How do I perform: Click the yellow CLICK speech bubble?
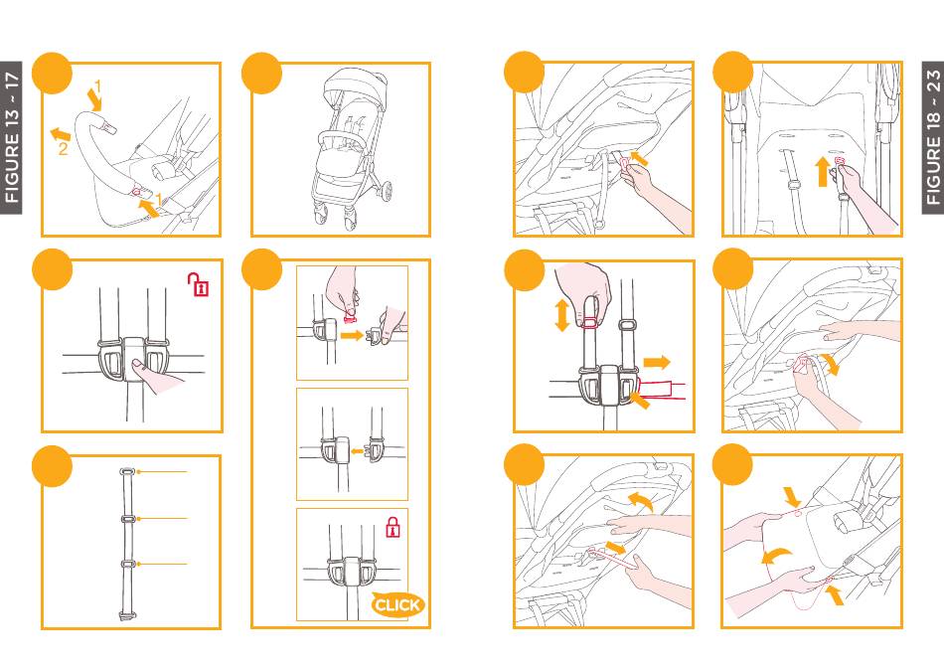pos(396,604)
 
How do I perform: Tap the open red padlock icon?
pos(198,284)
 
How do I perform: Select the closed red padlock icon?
pos(393,527)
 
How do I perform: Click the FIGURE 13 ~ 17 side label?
pos(12,137)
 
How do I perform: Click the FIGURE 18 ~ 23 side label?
pos(932,137)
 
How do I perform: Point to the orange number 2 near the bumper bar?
pos(63,148)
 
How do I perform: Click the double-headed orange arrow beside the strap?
pos(561,316)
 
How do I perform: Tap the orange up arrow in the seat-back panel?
pos(823,172)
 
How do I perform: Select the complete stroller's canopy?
pos(355,89)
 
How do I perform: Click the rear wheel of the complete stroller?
pos(386,191)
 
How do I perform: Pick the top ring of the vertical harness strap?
pos(128,471)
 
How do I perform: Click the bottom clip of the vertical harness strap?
pos(127,615)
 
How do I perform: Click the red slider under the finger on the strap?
pos(590,322)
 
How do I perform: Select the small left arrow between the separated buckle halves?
pos(357,450)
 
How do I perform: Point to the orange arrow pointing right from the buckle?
pos(656,362)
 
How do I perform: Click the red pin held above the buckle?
pos(349,314)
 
